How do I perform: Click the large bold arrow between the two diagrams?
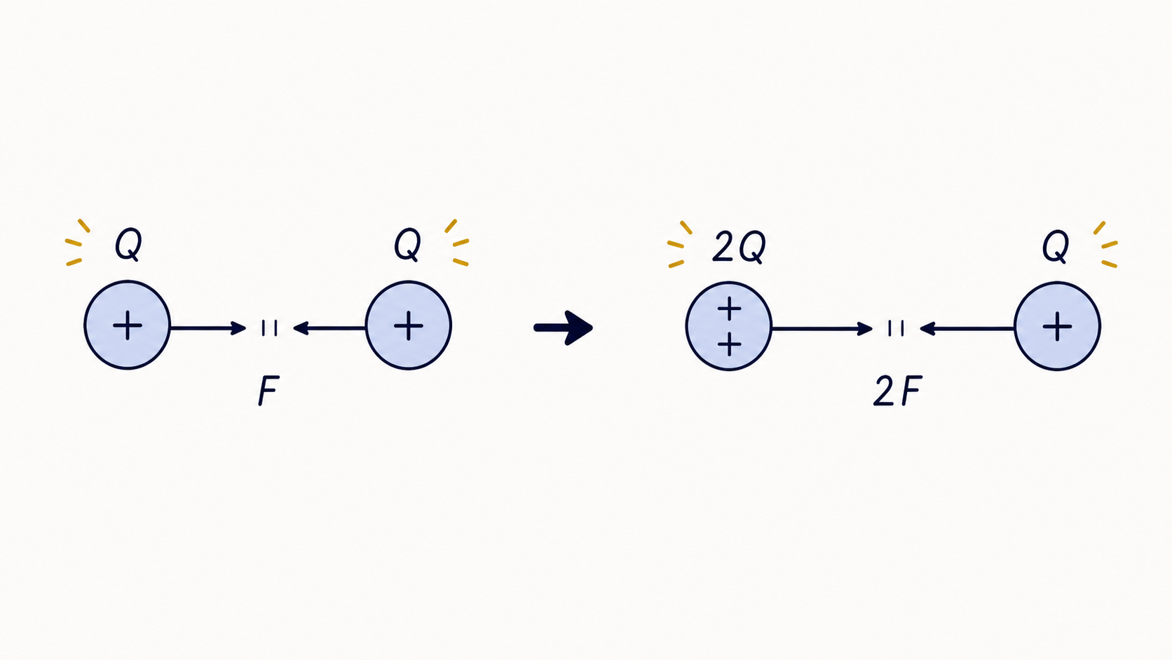(563, 328)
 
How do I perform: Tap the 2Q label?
(739, 247)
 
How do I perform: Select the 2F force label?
(897, 391)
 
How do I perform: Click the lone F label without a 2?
(269, 391)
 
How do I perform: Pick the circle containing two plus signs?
(729, 327)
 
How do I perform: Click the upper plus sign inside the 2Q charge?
(730, 309)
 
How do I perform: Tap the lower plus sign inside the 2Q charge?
(730, 344)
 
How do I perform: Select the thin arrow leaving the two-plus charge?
(822, 329)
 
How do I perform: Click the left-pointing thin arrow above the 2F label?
(967, 329)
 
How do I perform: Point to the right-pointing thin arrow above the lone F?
(207, 328)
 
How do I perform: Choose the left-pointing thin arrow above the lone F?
(329, 328)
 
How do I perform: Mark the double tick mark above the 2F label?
(896, 328)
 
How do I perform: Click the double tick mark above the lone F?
(269, 328)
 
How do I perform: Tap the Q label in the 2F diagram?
(1056, 246)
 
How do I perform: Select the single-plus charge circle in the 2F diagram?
(1058, 327)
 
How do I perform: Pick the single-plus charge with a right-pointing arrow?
(128, 325)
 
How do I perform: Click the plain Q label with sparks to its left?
(128, 244)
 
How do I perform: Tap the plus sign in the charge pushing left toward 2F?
(1058, 327)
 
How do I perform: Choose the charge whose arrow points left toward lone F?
(409, 325)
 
